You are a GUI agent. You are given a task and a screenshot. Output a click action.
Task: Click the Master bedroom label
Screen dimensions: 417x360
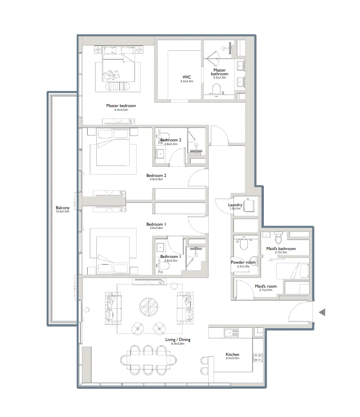[121, 106]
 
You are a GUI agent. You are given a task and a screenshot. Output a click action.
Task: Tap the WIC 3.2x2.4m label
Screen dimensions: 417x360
[186, 77]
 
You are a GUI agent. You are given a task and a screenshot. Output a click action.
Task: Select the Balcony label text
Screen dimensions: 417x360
[62, 208]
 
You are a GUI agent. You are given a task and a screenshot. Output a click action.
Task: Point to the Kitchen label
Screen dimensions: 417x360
[232, 355]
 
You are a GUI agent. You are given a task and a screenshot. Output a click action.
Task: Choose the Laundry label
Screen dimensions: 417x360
[235, 205]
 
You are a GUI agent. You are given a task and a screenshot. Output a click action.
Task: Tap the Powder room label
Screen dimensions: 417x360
[243, 262]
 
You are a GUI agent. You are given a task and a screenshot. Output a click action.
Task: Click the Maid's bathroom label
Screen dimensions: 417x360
[281, 249]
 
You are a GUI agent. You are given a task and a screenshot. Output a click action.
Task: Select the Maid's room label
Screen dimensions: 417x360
[266, 286]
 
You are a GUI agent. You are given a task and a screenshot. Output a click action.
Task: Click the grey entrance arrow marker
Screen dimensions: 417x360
[322, 312]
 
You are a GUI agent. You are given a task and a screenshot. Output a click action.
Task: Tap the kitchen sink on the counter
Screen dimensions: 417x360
[229, 332]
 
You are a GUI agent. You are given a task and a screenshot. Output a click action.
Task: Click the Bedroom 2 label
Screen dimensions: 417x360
[156, 175]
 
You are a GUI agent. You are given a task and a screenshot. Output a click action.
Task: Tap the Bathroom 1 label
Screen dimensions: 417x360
[170, 257]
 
